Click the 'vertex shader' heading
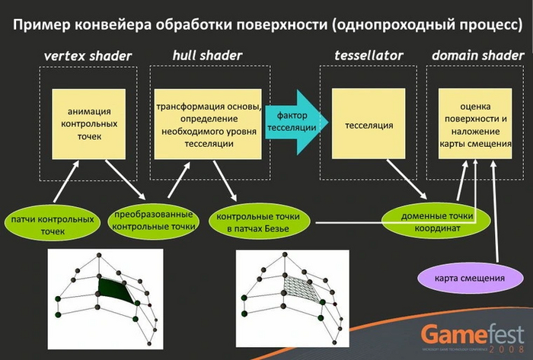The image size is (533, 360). (88, 56)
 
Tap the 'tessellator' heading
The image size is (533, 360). (369, 56)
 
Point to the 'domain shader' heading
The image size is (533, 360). (477, 56)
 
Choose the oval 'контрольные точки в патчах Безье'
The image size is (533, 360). (263, 221)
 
